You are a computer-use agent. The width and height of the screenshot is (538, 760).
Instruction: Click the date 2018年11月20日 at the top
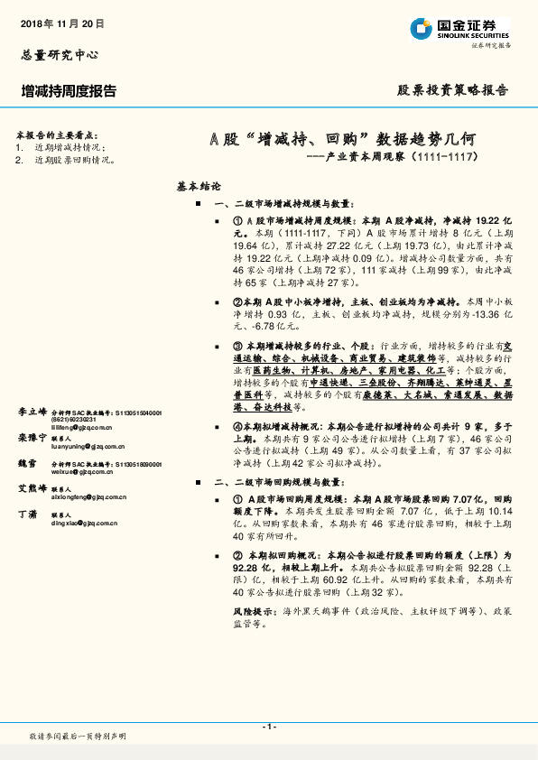pos(62,23)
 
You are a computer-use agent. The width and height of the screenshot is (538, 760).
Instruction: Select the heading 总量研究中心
pos(58,55)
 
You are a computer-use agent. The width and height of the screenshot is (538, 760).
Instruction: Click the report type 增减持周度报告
pos(69,90)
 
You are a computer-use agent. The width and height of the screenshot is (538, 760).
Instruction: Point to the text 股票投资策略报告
pos(453,90)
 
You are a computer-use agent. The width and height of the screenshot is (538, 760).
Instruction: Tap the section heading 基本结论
pos(199,187)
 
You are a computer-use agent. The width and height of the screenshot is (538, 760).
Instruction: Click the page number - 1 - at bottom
pos(268,727)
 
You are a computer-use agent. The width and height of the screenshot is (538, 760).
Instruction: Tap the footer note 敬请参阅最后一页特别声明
pos(78,737)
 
